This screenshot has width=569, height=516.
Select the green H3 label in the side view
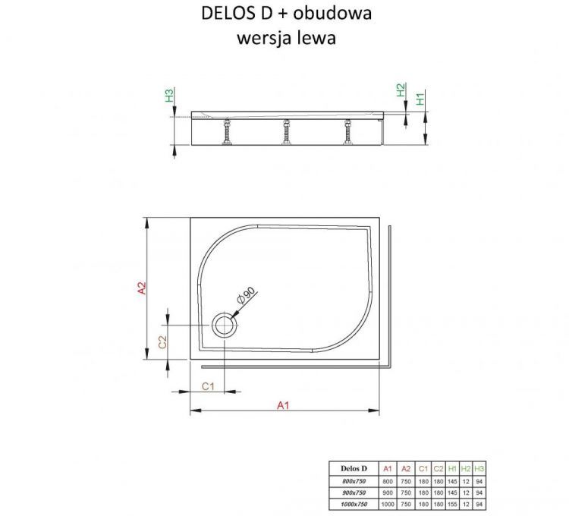tap(170, 96)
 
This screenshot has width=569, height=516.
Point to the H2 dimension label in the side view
tap(401, 90)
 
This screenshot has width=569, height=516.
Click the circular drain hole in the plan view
tap(225, 326)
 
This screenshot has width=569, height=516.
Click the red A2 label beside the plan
tap(141, 289)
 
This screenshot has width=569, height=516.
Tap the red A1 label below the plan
tap(283, 405)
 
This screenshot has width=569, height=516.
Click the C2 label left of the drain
tap(162, 342)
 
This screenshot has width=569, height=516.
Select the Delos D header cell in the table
tap(354, 468)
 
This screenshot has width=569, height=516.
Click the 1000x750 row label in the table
tap(354, 503)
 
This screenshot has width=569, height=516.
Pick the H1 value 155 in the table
tap(451, 503)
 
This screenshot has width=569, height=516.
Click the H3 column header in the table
tap(479, 468)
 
